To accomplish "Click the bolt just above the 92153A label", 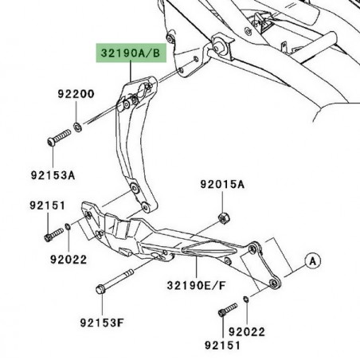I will click(57, 140).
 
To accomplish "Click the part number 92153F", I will click(102, 323).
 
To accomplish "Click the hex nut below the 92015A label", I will click(224, 217).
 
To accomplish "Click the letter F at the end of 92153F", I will click(125, 323).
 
